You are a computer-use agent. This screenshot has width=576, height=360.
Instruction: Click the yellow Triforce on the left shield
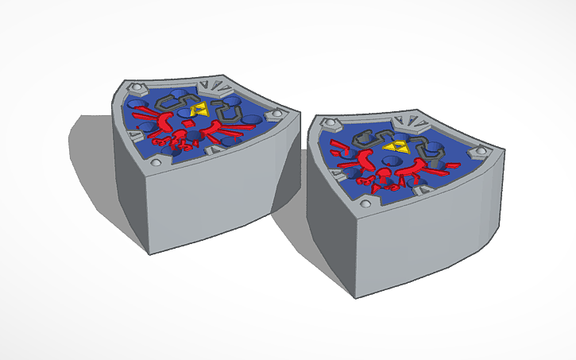click(199, 109)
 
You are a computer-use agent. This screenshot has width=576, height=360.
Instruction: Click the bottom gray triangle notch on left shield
click(215, 148)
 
